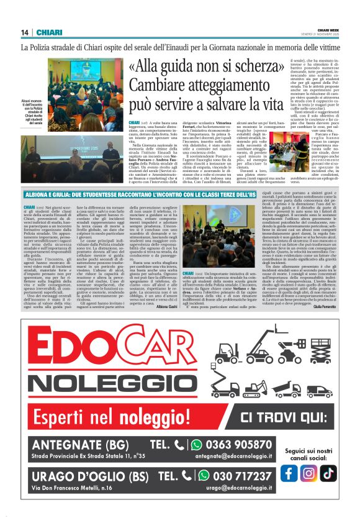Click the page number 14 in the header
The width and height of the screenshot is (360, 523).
25,32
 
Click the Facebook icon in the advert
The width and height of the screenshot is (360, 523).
289,472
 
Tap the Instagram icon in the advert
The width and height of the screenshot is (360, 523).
308,472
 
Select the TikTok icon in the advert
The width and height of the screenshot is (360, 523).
328,472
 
